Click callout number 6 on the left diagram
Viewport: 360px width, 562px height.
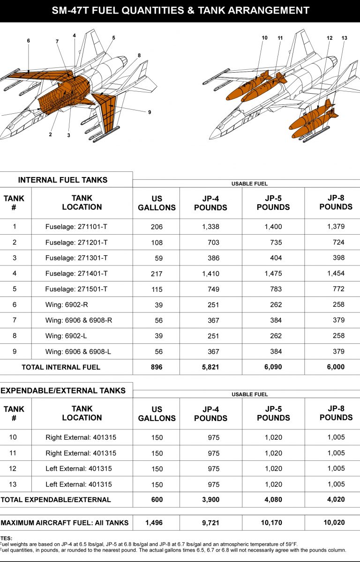tap(28, 41)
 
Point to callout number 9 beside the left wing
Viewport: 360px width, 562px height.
tap(150, 112)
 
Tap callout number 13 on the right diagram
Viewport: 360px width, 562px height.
tap(345, 37)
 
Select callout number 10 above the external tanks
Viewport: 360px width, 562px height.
tap(264, 37)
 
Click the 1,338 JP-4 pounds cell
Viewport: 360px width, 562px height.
tap(210, 227)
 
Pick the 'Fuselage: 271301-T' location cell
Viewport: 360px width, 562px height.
tap(76, 258)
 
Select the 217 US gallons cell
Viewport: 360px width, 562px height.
tap(157, 274)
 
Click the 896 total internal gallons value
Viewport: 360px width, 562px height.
tap(157, 367)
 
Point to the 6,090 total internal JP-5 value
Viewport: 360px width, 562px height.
tap(273, 367)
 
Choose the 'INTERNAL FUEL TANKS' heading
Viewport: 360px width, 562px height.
tap(63, 180)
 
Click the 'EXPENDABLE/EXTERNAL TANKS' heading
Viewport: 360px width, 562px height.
tap(63, 391)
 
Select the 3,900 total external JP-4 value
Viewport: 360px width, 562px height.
tap(210, 500)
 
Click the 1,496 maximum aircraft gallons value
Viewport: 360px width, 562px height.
tap(157, 523)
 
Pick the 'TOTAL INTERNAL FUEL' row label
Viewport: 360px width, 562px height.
tap(61, 367)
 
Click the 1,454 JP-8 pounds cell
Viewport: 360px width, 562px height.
tap(336, 274)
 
